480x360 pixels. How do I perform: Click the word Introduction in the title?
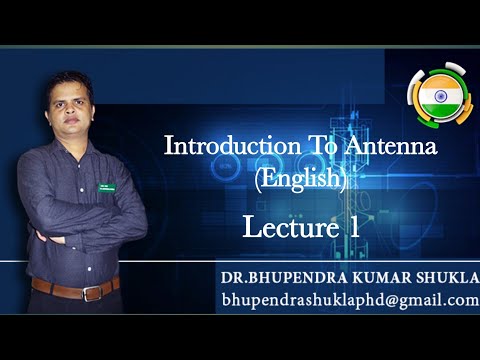point(213,147)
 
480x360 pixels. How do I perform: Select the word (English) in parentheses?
point(301,180)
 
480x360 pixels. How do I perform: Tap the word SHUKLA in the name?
point(444,276)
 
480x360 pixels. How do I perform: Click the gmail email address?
point(350,300)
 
